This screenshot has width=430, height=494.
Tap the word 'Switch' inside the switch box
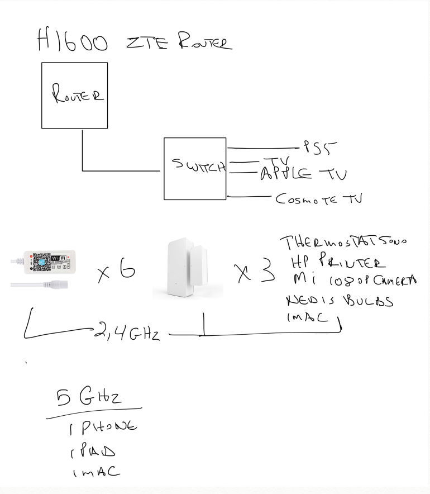pos(198,167)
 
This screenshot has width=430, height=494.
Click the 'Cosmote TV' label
pos(318,198)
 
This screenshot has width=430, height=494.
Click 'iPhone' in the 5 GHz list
pos(104,427)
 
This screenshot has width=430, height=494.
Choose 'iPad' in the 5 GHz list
pos(95,450)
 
